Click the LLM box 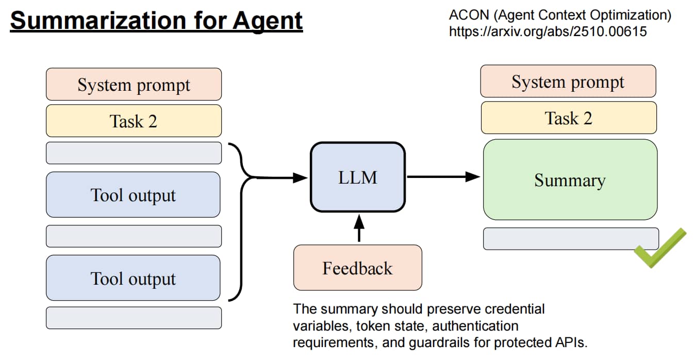click(358, 177)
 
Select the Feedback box click(358, 268)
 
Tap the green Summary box click(570, 179)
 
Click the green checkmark click(659, 248)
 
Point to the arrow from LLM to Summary click(444, 177)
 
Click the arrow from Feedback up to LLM click(359, 228)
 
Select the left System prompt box click(134, 85)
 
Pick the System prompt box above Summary click(568, 81)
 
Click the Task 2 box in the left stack click(134, 121)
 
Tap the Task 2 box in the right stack click(569, 118)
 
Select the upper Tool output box click(133, 194)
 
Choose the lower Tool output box click(133, 278)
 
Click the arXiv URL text click(548, 31)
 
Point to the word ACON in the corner click(469, 15)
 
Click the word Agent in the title click(268, 21)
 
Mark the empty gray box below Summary click(571, 239)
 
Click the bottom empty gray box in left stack click(134, 318)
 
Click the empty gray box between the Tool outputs click(134, 236)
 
